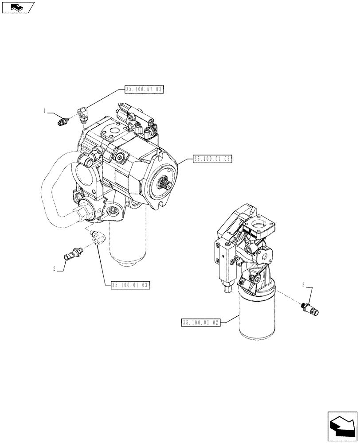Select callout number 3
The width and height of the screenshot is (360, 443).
click(304, 285)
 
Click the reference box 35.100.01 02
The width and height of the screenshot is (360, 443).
click(201, 323)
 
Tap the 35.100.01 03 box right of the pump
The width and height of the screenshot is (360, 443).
click(213, 158)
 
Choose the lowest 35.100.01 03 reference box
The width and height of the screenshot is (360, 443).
click(129, 284)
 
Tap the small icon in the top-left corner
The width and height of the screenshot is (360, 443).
click(18, 7)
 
